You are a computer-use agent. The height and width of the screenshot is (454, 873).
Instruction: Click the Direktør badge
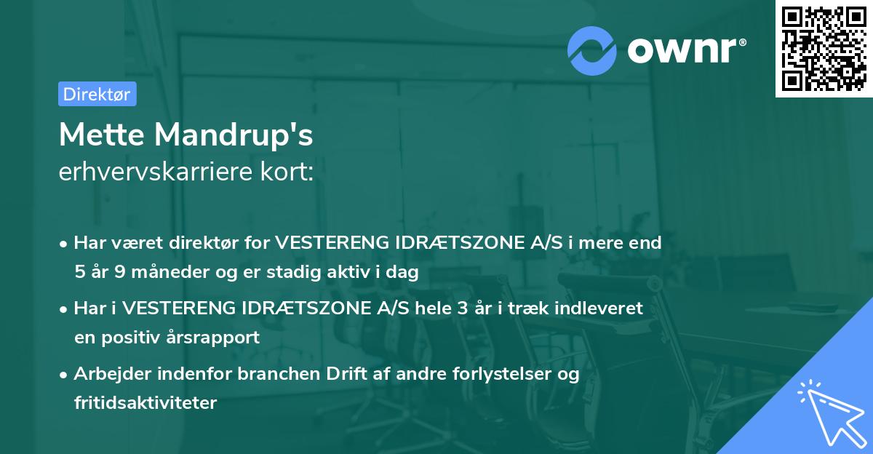coord(97,94)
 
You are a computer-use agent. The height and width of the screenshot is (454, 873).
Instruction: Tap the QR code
coord(824,48)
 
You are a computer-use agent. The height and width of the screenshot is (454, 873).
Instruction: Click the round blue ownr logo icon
coord(592,50)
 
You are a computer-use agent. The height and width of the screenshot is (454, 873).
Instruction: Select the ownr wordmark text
coord(685,49)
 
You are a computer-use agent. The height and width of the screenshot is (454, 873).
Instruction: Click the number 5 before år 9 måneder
coord(79,273)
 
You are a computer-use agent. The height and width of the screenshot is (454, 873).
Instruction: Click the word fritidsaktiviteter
coord(145,402)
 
